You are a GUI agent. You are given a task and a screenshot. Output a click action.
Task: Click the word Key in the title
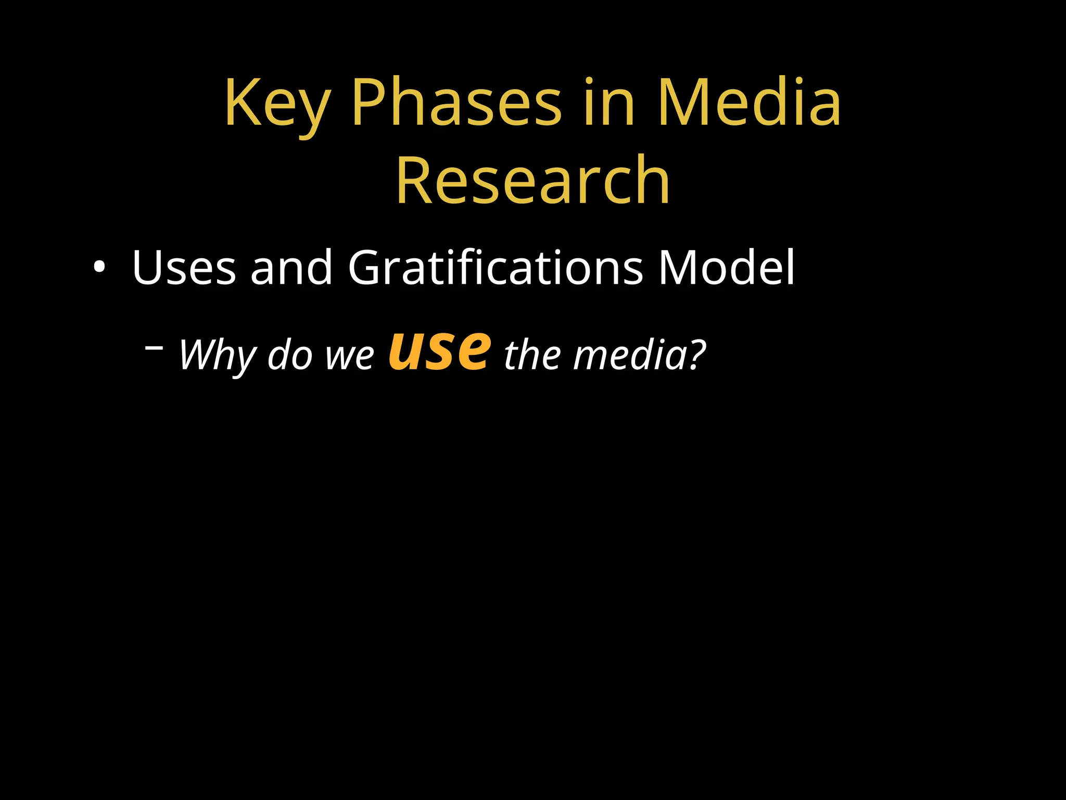click(277, 104)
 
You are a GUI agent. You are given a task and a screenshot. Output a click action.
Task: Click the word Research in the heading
click(533, 180)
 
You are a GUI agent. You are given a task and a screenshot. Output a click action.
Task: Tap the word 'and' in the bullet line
click(291, 268)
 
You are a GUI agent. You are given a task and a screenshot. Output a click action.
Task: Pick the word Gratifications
click(496, 268)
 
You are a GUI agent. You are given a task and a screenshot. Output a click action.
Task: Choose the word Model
click(727, 268)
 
